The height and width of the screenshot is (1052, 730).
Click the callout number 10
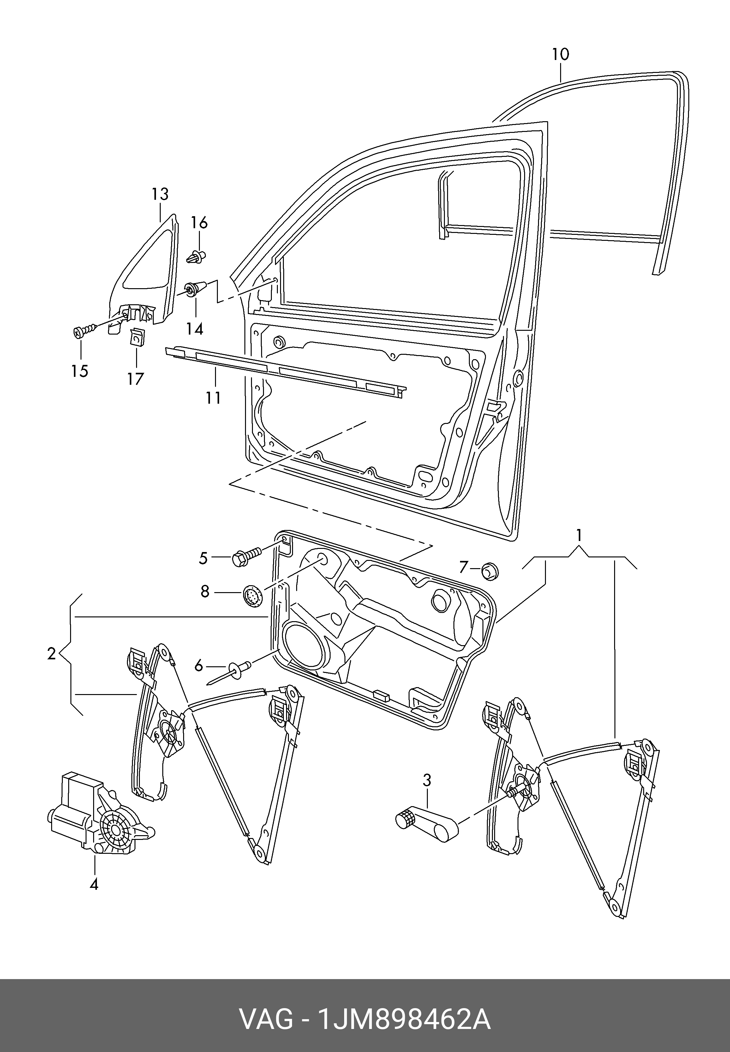tap(560, 54)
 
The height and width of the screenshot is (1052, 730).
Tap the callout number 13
tap(160, 194)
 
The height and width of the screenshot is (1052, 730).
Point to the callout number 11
tap(213, 397)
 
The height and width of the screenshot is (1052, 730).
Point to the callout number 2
tap(51, 654)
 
